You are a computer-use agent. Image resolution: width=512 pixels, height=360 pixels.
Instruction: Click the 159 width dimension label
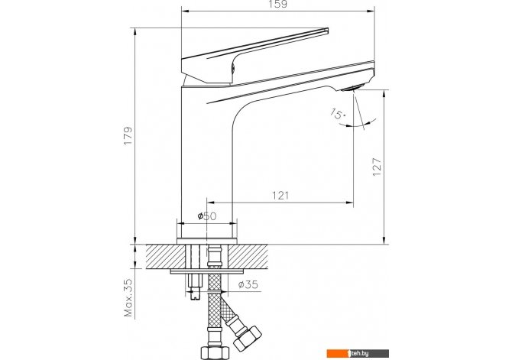[x=278, y=4]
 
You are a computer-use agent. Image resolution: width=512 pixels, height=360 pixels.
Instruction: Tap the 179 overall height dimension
[x=128, y=135]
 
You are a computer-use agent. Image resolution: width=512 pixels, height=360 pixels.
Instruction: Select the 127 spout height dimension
[x=377, y=167]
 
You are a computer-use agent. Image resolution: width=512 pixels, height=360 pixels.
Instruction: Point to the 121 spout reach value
[x=280, y=196]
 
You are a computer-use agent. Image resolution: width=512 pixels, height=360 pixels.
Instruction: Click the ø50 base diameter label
[x=206, y=216]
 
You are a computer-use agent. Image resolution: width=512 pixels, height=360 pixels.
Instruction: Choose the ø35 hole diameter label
[x=248, y=284]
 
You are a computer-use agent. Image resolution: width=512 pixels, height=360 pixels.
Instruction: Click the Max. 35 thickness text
[x=128, y=297]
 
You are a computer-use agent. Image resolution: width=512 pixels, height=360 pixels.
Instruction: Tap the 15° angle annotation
[x=338, y=114]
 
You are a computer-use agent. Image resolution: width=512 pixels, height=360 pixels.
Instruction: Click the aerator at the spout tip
[x=352, y=87]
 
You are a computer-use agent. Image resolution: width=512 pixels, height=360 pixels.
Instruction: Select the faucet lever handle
[x=254, y=56]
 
